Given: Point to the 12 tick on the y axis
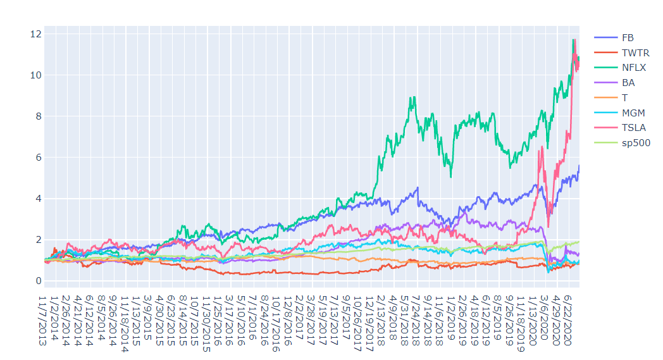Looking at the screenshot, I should [x=36, y=34].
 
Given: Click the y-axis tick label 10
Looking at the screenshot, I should [x=36, y=75].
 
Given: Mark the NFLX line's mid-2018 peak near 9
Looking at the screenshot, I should [x=413, y=97].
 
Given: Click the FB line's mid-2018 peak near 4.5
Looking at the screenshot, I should [x=418, y=187].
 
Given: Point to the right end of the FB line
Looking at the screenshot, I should [x=579, y=166].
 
